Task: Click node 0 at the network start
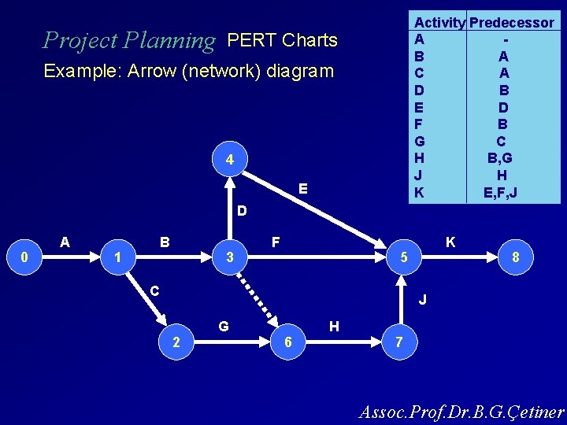click(x=24, y=257)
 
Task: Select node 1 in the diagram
click(x=117, y=257)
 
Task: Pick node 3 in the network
click(x=229, y=257)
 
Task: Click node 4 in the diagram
click(x=229, y=161)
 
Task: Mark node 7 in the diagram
click(x=400, y=342)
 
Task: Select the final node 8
click(x=515, y=257)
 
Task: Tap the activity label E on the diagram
click(x=303, y=190)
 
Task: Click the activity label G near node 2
click(x=224, y=325)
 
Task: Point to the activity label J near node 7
click(x=423, y=300)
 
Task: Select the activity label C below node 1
click(x=155, y=290)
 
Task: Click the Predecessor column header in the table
click(x=511, y=23)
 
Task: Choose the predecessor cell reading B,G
click(x=502, y=158)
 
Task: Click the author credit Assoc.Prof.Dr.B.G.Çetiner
click(x=461, y=412)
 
